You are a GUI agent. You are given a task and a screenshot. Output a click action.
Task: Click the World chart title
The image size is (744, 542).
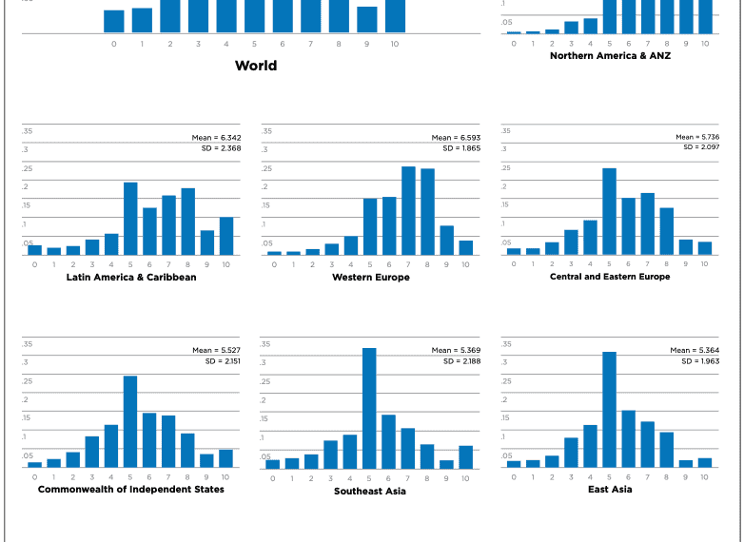coord(256,66)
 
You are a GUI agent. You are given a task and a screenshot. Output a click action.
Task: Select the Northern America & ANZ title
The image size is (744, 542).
coord(609,56)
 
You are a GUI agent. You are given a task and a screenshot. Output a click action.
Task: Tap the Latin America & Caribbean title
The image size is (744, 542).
coord(131,278)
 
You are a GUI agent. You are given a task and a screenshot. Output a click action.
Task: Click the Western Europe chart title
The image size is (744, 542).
coord(370,278)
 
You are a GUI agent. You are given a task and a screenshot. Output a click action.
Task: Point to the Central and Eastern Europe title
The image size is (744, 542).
coord(609,277)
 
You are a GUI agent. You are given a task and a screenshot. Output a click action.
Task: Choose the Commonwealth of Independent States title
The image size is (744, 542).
coord(131,489)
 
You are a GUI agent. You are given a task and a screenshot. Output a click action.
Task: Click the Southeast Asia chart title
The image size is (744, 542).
coord(369,491)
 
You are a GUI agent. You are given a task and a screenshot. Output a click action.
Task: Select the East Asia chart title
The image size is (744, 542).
coord(609,489)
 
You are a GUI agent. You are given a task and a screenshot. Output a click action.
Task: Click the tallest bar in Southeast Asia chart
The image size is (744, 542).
coord(369,409)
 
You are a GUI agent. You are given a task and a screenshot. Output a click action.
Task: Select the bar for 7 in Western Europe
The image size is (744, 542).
coord(408,211)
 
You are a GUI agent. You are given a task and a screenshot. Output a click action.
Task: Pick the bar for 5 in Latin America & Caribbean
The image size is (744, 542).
coord(130,219)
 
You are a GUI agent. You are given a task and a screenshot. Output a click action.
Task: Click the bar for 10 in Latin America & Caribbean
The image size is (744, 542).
coord(226,236)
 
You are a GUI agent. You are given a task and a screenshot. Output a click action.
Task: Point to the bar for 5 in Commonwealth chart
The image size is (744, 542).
coord(130,422)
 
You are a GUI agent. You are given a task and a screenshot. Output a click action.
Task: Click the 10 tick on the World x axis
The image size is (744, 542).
coord(395,44)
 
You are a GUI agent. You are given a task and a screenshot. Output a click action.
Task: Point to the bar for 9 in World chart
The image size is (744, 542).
coord(367,20)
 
